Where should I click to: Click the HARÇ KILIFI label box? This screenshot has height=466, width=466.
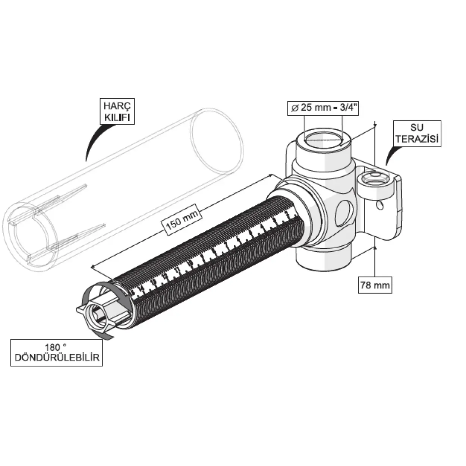click(x=117, y=111)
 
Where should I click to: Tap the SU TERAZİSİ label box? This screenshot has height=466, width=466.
click(x=417, y=134)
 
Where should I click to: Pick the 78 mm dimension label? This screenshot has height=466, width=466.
click(x=375, y=285)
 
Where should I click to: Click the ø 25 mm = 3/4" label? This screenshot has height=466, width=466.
click(x=323, y=108)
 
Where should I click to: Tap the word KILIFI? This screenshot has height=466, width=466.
click(x=117, y=117)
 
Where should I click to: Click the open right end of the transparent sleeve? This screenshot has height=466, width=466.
click(x=217, y=141)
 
